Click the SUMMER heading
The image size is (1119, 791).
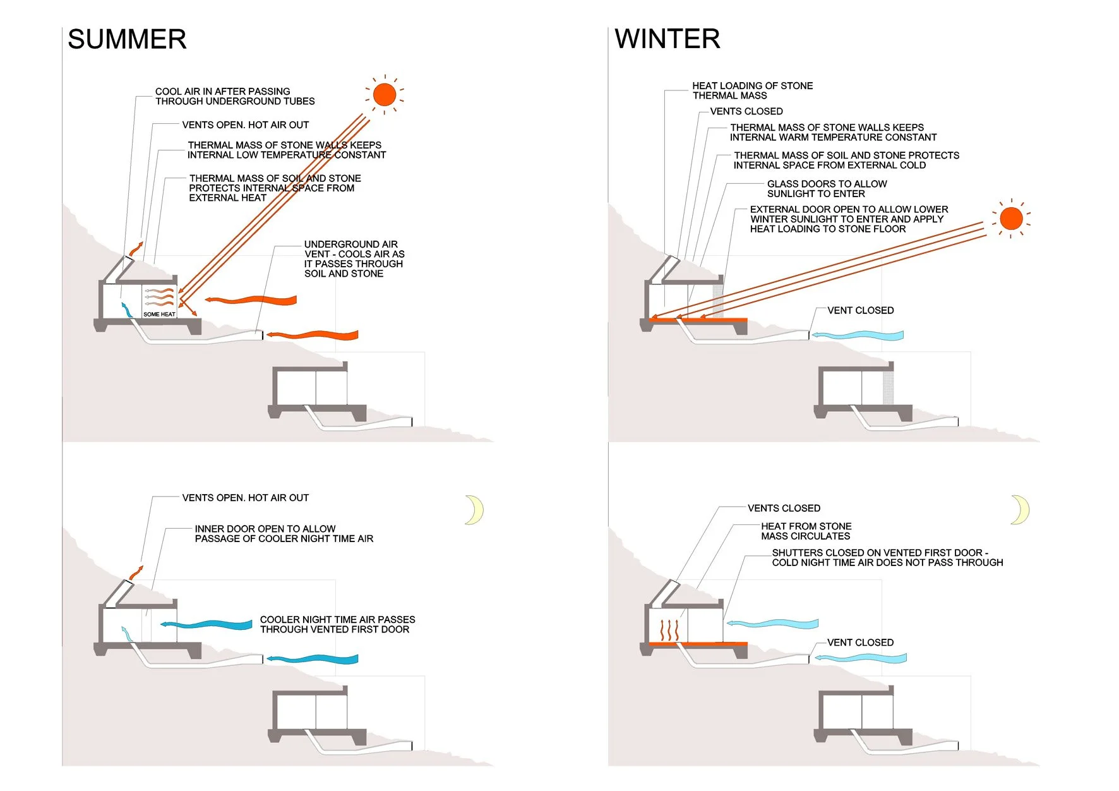click(127, 40)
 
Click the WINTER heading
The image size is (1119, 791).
click(667, 39)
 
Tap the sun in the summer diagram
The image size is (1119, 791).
click(384, 95)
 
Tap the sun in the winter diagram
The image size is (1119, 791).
click(1011, 219)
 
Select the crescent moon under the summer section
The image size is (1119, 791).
click(475, 510)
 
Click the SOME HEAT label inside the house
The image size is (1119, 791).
click(159, 314)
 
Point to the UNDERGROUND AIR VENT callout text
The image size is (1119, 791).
click(354, 259)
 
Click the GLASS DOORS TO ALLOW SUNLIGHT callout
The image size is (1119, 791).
click(827, 189)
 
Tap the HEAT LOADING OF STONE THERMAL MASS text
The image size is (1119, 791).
click(752, 90)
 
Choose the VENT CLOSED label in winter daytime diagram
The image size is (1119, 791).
click(860, 310)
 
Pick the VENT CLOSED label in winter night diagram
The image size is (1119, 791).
click(860, 643)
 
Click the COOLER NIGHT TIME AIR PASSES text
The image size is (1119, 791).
click(337, 624)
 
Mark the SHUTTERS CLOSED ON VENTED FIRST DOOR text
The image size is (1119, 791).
click(887, 557)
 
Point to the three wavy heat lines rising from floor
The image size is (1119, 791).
click(669, 630)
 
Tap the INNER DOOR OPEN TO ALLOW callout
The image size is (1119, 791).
click(284, 534)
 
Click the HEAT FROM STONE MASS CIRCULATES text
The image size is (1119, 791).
click(806, 531)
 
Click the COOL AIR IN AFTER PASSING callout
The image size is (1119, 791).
click(235, 96)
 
